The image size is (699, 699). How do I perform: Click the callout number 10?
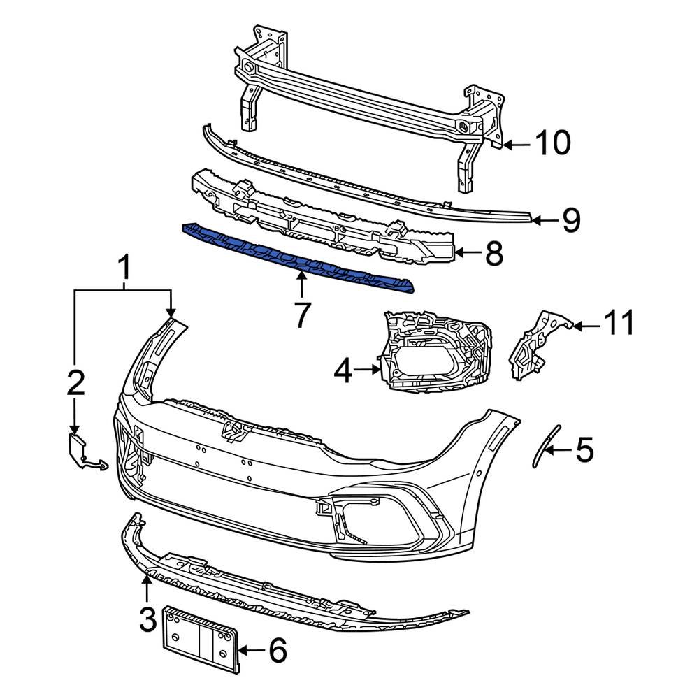pyautogui.click(x=552, y=143)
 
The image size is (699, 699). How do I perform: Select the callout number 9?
pyautogui.click(x=571, y=220)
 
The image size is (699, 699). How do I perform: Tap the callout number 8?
pyautogui.click(x=494, y=254)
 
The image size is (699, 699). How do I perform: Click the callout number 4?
pyautogui.click(x=343, y=372)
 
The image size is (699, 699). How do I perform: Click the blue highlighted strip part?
pyautogui.click(x=294, y=256)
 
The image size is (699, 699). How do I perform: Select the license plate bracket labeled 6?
pyautogui.click(x=200, y=640)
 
